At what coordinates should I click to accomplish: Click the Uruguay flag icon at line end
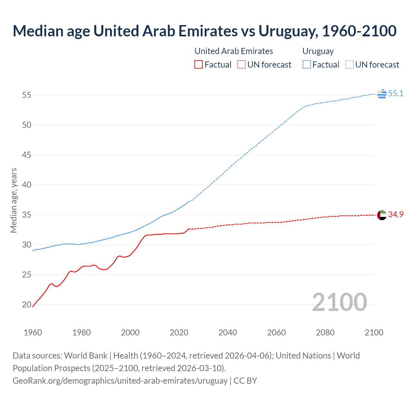382,94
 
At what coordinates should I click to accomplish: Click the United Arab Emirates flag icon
382,215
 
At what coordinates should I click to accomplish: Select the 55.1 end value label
396,94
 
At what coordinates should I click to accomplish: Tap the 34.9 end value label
396,215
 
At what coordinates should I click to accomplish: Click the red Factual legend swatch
199,65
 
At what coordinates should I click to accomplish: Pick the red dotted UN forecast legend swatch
241,65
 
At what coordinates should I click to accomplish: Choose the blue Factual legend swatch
306,65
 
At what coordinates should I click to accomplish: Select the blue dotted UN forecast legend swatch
349,65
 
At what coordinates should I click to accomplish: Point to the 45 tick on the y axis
26,155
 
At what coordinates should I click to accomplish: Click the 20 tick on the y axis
26,304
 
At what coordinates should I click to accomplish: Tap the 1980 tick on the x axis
81,332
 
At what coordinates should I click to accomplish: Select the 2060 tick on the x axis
276,332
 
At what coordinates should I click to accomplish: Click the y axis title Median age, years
14,200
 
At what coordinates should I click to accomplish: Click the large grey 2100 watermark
339,302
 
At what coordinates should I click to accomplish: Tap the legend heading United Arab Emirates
234,51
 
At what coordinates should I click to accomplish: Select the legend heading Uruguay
318,51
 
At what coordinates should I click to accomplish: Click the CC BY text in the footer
245,380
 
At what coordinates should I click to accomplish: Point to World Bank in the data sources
86,356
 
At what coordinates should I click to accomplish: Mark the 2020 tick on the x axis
179,332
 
